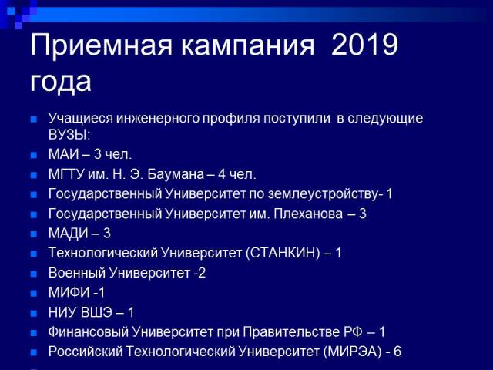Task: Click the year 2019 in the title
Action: (364, 45)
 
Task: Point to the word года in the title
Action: (61, 82)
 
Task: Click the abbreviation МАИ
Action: (64, 154)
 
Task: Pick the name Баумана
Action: (176, 174)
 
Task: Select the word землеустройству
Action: (323, 193)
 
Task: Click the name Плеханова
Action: (308, 214)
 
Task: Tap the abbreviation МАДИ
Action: (69, 234)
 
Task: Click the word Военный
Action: (77, 272)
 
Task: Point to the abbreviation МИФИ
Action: (69, 292)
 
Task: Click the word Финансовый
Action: (89, 332)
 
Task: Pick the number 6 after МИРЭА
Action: (397, 351)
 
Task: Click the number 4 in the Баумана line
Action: (222, 174)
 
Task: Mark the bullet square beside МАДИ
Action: (34, 234)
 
